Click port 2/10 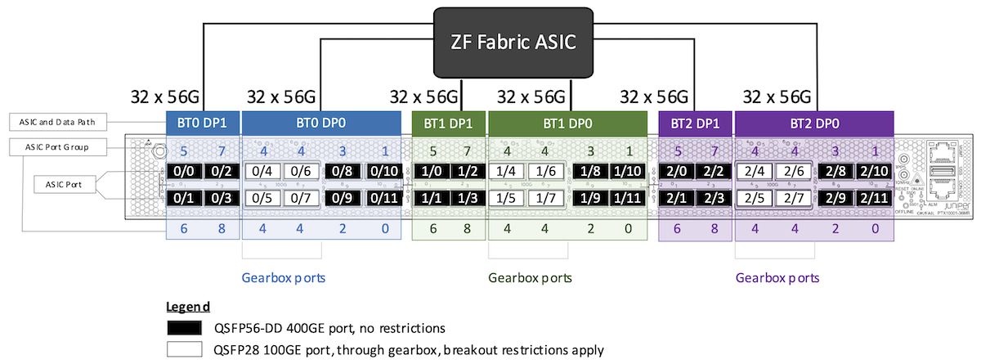876,173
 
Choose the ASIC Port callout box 65,185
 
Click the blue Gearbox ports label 284,277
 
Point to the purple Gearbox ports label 777,277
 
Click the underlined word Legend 189,307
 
